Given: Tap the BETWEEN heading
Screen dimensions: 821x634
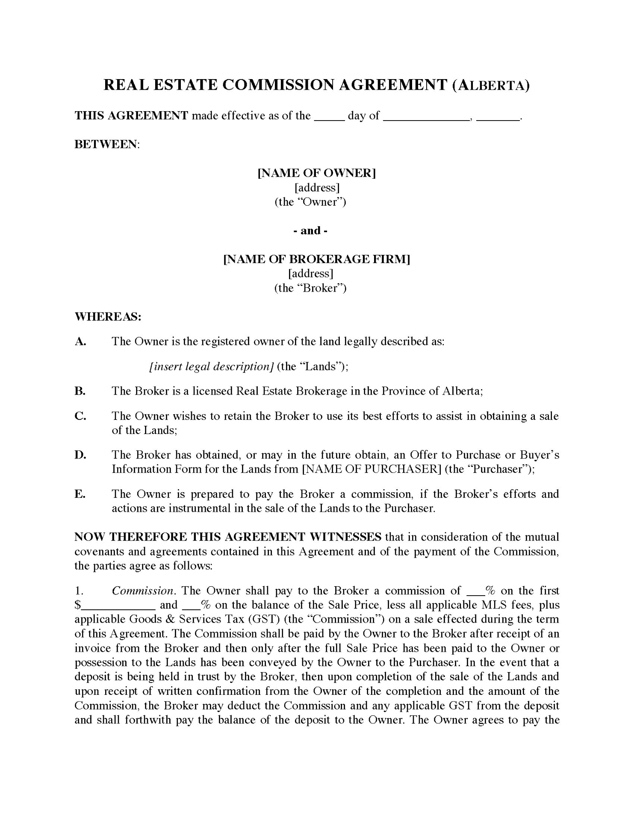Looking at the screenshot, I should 107,144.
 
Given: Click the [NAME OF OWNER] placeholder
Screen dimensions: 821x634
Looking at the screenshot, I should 316,173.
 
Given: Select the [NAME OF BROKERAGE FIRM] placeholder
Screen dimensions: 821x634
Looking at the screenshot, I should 317,260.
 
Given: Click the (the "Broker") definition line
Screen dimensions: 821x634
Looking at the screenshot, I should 310,288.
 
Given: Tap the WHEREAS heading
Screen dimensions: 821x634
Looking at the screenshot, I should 108,317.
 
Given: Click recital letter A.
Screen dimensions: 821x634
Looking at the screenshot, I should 80,342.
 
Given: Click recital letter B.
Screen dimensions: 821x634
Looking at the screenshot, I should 80,391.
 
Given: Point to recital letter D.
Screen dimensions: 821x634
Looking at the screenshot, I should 80,455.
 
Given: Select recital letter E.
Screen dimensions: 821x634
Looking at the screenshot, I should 80,494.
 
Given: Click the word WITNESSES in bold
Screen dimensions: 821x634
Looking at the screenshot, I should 345,537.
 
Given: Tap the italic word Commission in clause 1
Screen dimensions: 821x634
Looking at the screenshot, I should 143,591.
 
